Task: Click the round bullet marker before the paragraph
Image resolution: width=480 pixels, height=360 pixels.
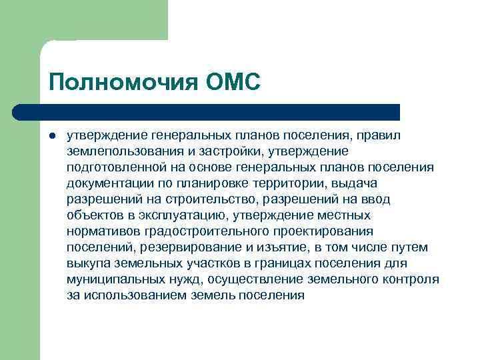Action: (x=51, y=135)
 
